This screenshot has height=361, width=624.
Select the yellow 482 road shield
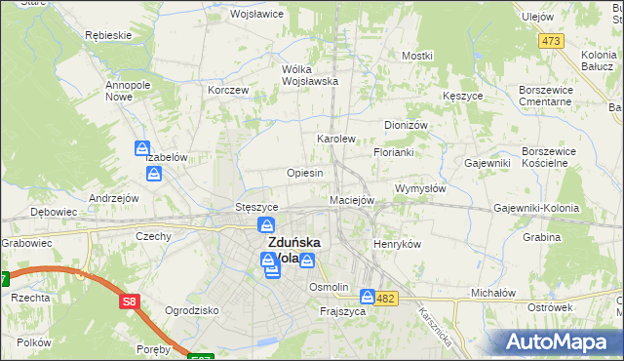coord(386,298)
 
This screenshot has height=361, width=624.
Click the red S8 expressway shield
coord(130,302)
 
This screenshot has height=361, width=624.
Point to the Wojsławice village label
coord(256,15)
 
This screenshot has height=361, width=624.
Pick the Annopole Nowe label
coord(126,91)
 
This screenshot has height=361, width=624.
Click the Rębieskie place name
coord(108,35)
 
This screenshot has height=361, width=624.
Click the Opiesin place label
coord(305,173)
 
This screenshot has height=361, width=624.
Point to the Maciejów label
coord(352,200)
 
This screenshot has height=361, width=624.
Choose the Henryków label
coord(397,244)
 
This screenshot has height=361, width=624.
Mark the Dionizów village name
coord(407,125)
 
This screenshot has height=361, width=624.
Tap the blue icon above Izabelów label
coord(142,149)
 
